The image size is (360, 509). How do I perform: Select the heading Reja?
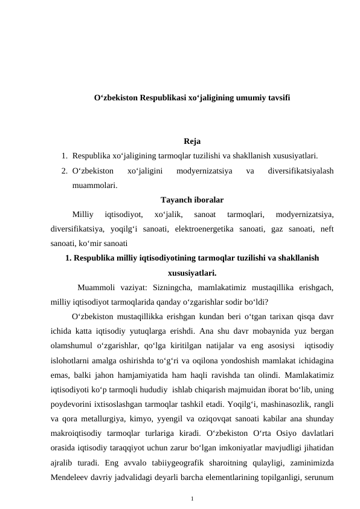[x=192, y=143]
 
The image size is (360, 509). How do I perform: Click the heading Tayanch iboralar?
[x=192, y=199]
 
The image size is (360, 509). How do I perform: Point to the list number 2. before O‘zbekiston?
[x=64, y=171]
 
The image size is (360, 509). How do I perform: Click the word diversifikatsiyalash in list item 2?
[x=301, y=171]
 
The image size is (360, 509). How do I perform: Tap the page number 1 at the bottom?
[x=191, y=499]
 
